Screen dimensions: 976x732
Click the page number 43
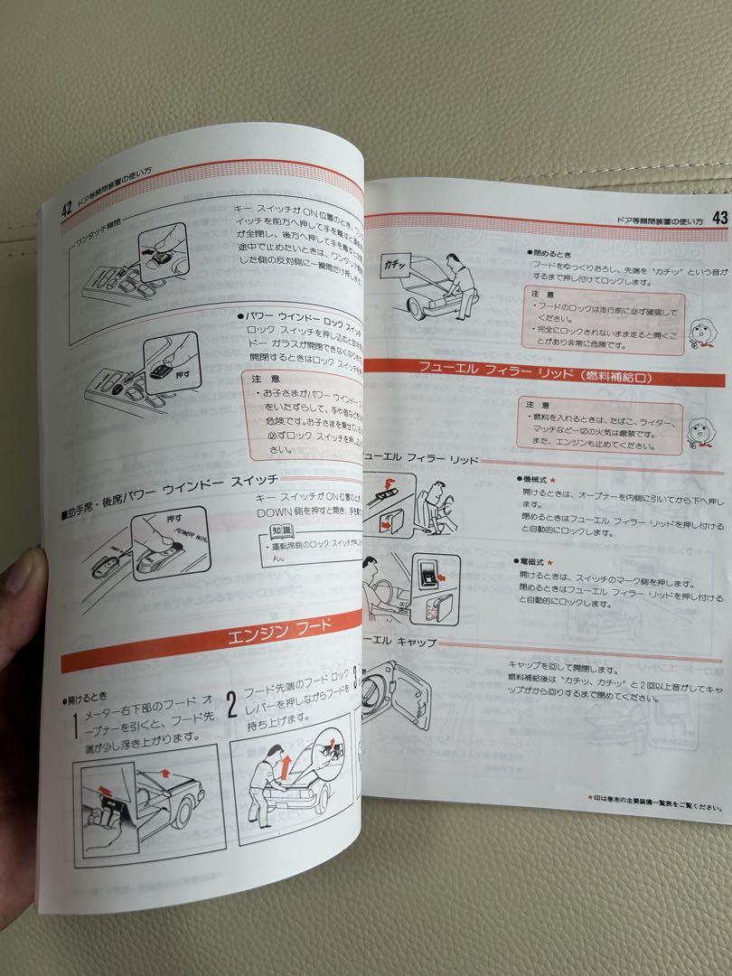(x=720, y=217)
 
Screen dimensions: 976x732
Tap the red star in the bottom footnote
(x=590, y=797)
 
